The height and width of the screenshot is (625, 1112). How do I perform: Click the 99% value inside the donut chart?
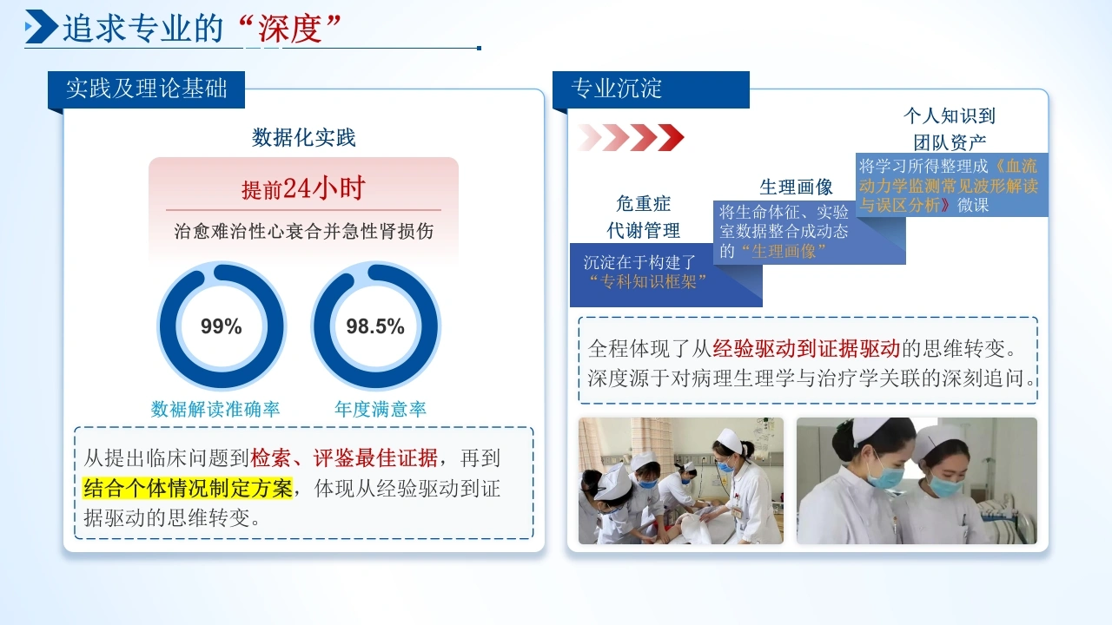pyautogui.click(x=221, y=326)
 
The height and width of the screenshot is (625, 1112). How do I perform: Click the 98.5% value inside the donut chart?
pyautogui.click(x=375, y=326)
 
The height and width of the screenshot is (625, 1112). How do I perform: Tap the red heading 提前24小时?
pyautogui.click(x=303, y=188)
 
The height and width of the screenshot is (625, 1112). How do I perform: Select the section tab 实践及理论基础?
pyautogui.click(x=147, y=89)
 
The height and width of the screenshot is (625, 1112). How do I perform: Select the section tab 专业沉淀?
pyautogui.click(x=651, y=89)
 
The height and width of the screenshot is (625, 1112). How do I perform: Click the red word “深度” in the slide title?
pyautogui.click(x=290, y=29)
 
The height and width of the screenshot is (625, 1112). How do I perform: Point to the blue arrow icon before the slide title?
pyautogui.click(x=41, y=26)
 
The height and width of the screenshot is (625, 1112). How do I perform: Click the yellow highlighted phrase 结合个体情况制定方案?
pyautogui.click(x=188, y=488)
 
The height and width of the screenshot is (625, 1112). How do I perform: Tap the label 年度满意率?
pyautogui.click(x=381, y=409)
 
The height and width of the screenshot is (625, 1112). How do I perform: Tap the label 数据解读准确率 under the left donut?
pyautogui.click(x=215, y=409)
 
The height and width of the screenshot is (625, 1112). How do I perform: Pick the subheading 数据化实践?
pyautogui.click(x=303, y=137)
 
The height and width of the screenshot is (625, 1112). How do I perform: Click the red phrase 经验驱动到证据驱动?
pyautogui.click(x=806, y=349)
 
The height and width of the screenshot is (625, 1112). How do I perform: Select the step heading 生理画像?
pyautogui.click(x=796, y=187)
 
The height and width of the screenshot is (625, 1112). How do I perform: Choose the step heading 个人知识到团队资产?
pyautogui.click(x=950, y=129)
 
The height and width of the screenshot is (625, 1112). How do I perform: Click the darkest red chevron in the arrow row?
pyautogui.click(x=672, y=137)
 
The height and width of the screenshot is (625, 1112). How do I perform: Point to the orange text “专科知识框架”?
pyautogui.click(x=648, y=282)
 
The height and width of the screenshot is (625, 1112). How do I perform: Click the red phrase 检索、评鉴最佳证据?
pyautogui.click(x=344, y=457)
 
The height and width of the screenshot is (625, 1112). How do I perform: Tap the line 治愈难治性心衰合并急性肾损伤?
pyautogui.click(x=304, y=231)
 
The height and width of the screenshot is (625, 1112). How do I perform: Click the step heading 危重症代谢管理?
pyautogui.click(x=644, y=217)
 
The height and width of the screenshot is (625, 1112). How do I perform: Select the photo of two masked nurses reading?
pyautogui.click(x=917, y=481)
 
